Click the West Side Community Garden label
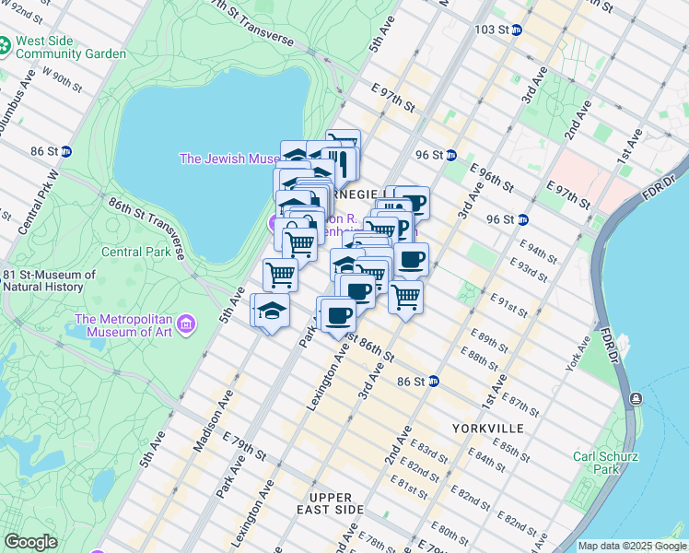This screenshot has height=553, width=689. (x=70, y=48)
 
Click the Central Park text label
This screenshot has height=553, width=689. (x=135, y=252)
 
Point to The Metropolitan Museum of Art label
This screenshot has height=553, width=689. (x=123, y=326)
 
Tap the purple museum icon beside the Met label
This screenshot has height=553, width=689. (x=186, y=324)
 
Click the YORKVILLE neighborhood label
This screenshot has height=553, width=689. (x=487, y=429)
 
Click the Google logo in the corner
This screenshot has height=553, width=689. (x=30, y=542)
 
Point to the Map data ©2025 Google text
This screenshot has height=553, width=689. (x=631, y=546)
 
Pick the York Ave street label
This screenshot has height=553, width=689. (x=578, y=349)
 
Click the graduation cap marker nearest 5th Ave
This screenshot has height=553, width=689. (x=272, y=311)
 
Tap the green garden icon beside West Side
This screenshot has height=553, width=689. (x=5, y=44)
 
